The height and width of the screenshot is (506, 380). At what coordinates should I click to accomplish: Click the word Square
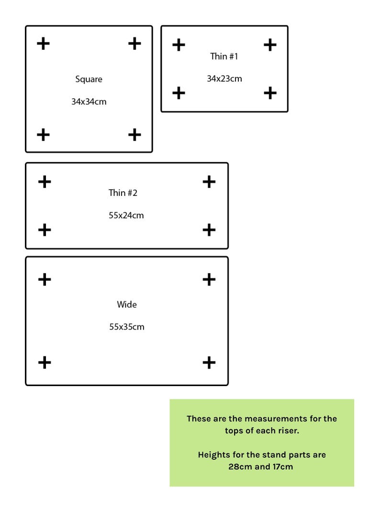[89, 79]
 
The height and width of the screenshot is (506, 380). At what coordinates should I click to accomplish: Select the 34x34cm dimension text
[89, 102]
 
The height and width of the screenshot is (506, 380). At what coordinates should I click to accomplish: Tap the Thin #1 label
[224, 56]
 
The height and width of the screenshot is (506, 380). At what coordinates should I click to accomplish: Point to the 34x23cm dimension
[224, 79]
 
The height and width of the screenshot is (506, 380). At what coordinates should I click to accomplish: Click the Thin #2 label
[123, 193]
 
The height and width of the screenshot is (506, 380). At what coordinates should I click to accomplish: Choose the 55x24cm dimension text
[126, 215]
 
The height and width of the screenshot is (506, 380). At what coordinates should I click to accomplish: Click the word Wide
[127, 304]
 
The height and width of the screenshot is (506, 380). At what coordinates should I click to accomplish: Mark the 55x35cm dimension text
[127, 327]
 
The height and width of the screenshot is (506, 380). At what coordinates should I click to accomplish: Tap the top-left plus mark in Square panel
[43, 43]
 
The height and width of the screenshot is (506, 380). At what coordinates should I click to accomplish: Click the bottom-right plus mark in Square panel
[135, 135]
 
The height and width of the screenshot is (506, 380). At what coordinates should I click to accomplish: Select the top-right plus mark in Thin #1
[270, 45]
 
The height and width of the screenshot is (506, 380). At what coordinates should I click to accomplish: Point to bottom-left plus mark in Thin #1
[179, 93]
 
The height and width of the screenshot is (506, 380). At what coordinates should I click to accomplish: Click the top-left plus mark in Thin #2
[45, 182]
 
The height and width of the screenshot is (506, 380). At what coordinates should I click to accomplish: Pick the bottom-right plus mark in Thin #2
[209, 230]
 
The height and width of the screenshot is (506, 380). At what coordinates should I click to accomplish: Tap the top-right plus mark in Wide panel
[209, 280]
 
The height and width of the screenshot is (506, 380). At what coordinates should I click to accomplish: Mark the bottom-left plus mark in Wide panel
[45, 362]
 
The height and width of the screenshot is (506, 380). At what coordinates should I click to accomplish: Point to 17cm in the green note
[282, 467]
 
